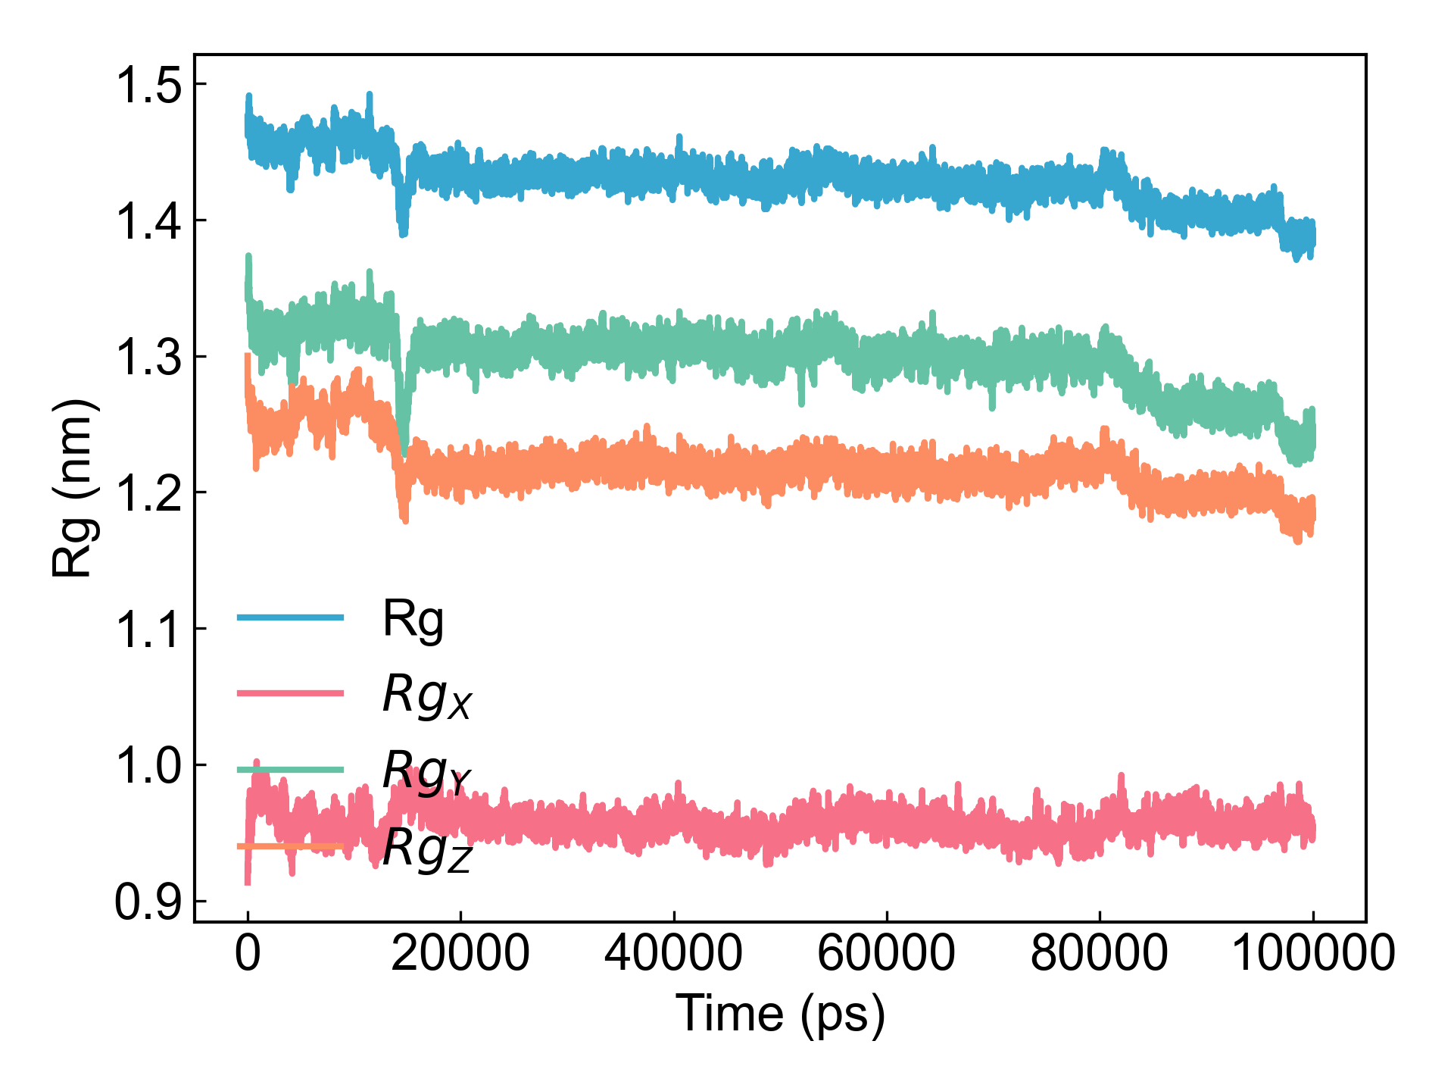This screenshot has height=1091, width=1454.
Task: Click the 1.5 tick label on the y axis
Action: click(x=148, y=86)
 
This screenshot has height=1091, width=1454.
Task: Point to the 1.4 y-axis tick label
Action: click(x=148, y=221)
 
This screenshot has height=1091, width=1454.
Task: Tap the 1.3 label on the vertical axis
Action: click(x=148, y=358)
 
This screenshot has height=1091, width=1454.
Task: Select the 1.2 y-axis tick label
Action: click(x=148, y=493)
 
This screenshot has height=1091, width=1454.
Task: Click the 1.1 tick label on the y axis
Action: click(x=148, y=630)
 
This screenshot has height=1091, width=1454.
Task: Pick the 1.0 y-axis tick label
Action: click(x=148, y=766)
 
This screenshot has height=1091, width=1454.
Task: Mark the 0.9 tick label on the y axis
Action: click(x=148, y=902)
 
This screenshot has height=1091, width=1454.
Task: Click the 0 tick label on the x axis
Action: click(x=248, y=953)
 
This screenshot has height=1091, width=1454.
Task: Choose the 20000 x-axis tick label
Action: click(x=460, y=953)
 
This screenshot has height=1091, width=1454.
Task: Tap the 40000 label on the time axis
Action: click(x=673, y=953)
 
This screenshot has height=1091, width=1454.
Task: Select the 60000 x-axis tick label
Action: click(x=887, y=953)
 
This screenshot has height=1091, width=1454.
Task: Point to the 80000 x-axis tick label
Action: click(x=1100, y=953)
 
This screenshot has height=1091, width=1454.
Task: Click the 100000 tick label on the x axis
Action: click(x=1313, y=953)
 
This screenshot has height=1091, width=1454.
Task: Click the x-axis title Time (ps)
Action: click(x=780, y=1014)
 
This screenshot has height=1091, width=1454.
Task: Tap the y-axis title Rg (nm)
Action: click(x=75, y=488)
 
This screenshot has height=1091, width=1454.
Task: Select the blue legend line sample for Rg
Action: click(x=291, y=617)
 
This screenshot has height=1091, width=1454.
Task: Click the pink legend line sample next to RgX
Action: click(x=291, y=693)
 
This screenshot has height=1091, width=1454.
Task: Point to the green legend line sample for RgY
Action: click(x=291, y=770)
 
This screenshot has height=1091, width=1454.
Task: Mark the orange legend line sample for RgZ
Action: click(x=291, y=846)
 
